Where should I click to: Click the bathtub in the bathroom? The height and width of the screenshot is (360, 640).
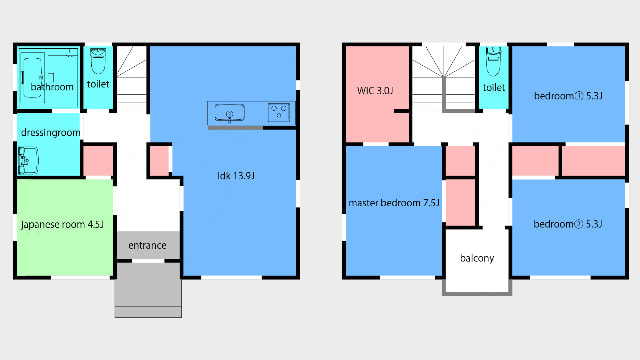pos(32,77)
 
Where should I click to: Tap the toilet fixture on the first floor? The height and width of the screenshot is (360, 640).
pos(98,60)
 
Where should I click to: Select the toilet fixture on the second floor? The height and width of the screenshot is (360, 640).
pos(493,61)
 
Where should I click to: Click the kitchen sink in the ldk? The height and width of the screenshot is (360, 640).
pos(229,113)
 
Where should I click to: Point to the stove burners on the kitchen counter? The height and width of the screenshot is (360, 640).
pos(279,112)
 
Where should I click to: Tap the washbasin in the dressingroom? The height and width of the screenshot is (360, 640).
pos(28,160)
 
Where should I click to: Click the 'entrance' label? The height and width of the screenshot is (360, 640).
pos(147,245)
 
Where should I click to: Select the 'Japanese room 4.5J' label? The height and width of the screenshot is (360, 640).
pos(62,224)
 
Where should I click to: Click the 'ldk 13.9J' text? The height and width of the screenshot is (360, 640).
pos(236,176)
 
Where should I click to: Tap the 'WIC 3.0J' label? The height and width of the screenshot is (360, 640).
pos(375,91)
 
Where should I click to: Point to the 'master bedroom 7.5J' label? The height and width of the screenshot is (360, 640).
pos(394,202)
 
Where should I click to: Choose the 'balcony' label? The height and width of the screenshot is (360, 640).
pos(477,258)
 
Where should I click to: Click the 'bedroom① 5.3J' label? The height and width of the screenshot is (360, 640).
pos(568,96)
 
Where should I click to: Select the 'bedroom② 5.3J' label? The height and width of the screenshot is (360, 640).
pos(568,224)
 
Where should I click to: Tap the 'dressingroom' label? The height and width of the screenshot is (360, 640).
pos(50,133)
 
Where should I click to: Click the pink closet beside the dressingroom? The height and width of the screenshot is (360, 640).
pos(98,160)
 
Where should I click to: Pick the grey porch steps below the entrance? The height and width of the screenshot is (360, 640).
pos(148,290)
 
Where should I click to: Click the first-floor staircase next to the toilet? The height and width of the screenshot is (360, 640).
pos(131,78)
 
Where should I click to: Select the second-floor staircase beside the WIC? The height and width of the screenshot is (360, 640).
pos(444,78)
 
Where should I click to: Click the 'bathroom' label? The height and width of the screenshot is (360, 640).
pos(52,87)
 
